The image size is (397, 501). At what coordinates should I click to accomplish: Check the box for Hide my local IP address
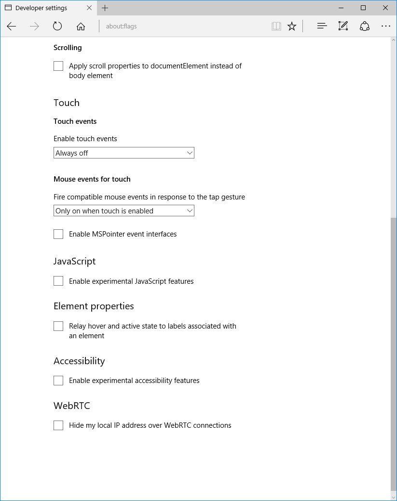[58, 425]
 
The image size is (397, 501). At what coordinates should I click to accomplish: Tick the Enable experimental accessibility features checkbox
[58, 381]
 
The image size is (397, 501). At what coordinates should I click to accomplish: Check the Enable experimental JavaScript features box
[58, 281]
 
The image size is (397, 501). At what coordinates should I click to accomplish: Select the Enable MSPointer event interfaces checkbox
[58, 234]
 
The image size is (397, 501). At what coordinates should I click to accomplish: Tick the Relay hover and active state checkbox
[58, 326]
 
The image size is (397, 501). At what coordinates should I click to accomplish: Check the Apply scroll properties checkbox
[58, 66]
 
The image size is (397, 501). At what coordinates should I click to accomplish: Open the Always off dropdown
[123, 153]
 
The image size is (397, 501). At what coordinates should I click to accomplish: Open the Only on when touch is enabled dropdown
[123, 211]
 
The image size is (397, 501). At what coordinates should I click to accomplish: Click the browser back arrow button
[12, 26]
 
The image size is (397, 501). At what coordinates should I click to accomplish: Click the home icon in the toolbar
[81, 26]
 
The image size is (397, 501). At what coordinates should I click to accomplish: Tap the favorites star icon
[292, 26]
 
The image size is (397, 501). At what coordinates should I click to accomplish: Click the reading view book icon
[276, 26]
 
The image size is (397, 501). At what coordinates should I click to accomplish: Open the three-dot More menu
[385, 26]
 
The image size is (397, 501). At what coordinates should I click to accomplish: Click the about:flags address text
[122, 26]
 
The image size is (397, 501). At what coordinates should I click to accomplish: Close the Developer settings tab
[89, 8]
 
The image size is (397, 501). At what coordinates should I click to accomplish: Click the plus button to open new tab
[105, 8]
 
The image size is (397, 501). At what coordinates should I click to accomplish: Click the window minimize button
[342, 8]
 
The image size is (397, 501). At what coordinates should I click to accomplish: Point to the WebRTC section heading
[72, 406]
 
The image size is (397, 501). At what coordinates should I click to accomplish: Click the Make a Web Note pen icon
[343, 26]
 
